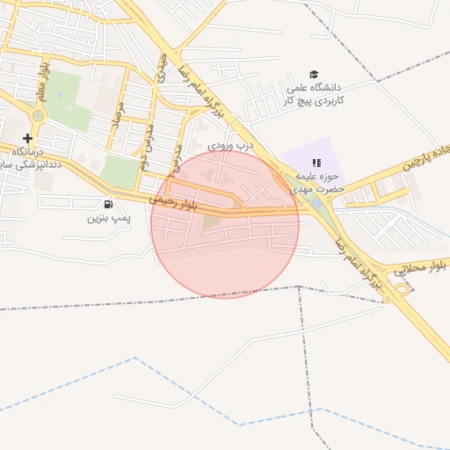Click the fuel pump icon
tap(108, 204)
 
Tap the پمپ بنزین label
tap(108, 216)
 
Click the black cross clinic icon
tap(27, 138)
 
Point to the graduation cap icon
tap(314, 74)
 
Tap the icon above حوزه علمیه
tap(316, 163)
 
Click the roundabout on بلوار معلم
tap(37, 114)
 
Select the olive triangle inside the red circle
tap(210, 222)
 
